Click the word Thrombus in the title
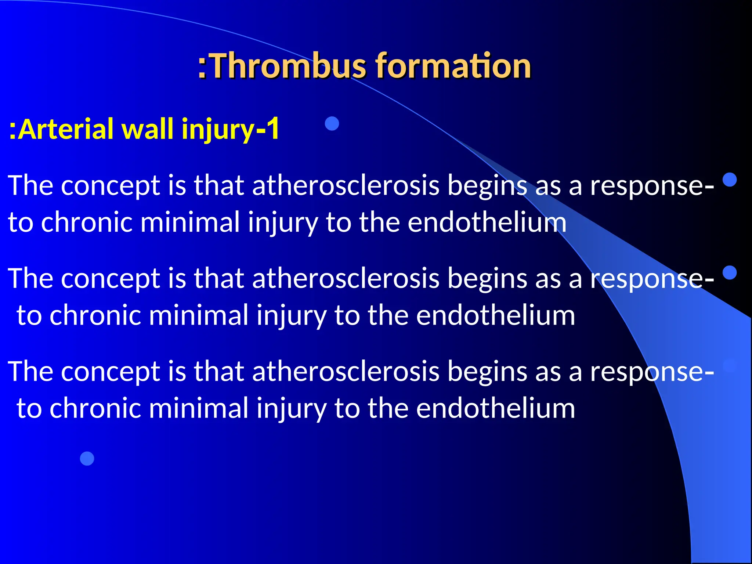pyautogui.click(x=288, y=66)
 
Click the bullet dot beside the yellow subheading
pyautogui.click(x=332, y=123)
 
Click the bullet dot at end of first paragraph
pyautogui.click(x=729, y=180)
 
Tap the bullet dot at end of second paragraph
pyautogui.click(x=729, y=273)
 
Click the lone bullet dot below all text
pyautogui.click(x=87, y=458)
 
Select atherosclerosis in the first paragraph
pyautogui.click(x=346, y=185)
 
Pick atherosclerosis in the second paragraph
pyautogui.click(x=346, y=278)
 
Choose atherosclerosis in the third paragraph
pyautogui.click(x=346, y=371)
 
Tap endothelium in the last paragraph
pyautogui.click(x=495, y=408)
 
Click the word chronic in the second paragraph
pyautogui.click(x=95, y=315)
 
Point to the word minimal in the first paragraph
pyautogui.click(x=190, y=223)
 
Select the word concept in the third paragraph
pyautogui.click(x=111, y=371)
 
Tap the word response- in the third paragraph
pyautogui.click(x=652, y=372)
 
